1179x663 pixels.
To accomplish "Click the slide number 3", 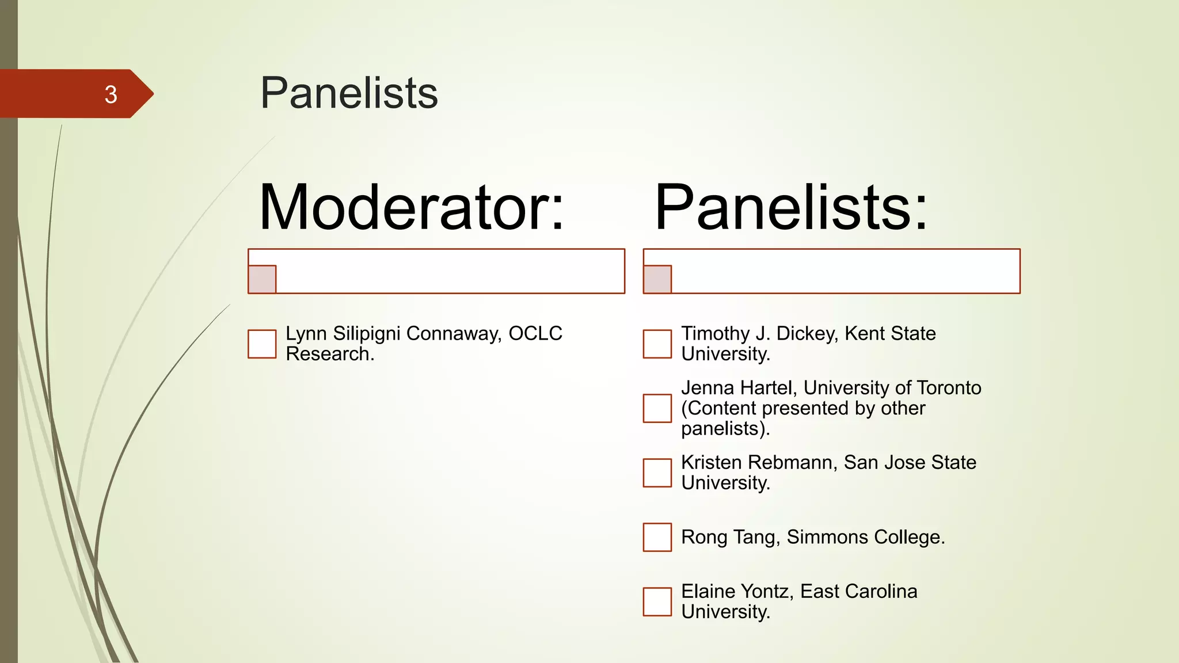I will [111, 94].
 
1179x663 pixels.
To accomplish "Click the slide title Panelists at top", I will [349, 93].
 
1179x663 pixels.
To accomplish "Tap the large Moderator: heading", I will [411, 207].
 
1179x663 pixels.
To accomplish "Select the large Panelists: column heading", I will [792, 207].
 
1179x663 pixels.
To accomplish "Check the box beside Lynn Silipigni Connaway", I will [262, 344].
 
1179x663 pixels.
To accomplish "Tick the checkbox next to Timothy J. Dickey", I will [657, 344].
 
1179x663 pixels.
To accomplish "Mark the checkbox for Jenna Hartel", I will [657, 408].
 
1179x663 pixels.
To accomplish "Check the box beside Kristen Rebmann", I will [657, 473].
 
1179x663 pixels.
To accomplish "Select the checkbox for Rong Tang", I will [657, 537].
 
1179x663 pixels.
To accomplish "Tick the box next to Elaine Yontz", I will [657, 601].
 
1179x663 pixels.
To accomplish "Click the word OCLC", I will [535, 334].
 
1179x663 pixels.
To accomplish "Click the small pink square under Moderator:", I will [262, 279].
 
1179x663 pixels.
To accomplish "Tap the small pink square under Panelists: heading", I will [657, 279].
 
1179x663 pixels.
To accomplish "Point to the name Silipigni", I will [366, 334].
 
